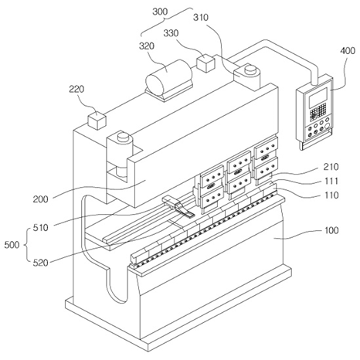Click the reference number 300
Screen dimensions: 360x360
click(160, 12)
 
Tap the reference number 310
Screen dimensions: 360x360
click(201, 18)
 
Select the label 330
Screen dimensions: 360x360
click(171, 33)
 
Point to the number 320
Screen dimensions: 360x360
click(147, 46)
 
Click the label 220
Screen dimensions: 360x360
click(76, 89)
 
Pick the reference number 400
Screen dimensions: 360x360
click(348, 51)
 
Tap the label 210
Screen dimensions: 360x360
click(331, 167)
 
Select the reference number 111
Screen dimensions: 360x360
click(331, 181)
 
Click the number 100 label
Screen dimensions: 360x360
click(331, 230)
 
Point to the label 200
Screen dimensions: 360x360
click(40, 199)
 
